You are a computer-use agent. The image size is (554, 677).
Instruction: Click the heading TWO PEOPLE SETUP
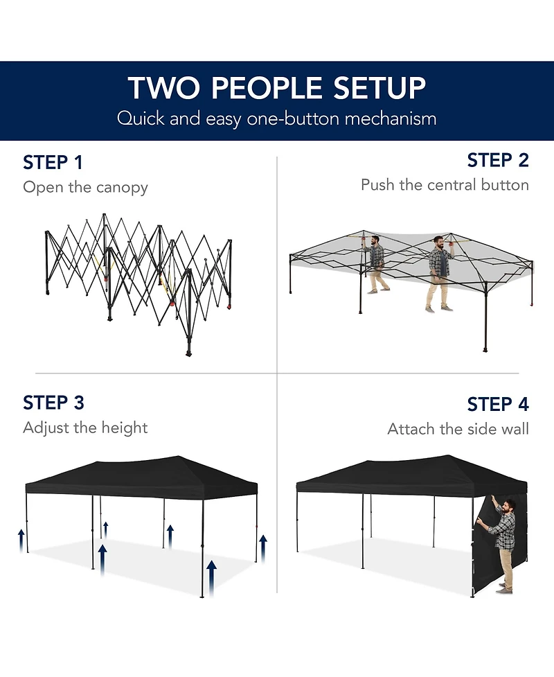coord(276,87)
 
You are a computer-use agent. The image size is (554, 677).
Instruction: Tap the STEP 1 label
coord(53,163)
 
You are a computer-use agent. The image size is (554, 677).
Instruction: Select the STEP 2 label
coord(498,160)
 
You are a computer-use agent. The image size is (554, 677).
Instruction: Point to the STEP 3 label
coord(53,403)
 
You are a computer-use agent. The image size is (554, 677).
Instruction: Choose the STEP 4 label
coord(498,404)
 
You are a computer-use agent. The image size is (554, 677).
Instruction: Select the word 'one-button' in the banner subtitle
coord(293,118)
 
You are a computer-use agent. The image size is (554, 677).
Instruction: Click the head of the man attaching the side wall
coord(509,507)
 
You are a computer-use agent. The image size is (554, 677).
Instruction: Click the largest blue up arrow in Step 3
coord(211,578)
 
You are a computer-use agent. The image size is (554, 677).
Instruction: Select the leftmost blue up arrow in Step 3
coord(21,541)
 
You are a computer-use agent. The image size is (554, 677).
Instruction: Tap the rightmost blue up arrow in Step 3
coord(262,548)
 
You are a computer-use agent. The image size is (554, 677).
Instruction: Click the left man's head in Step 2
coord(375,240)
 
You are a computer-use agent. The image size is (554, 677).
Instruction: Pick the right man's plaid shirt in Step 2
coord(440,261)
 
